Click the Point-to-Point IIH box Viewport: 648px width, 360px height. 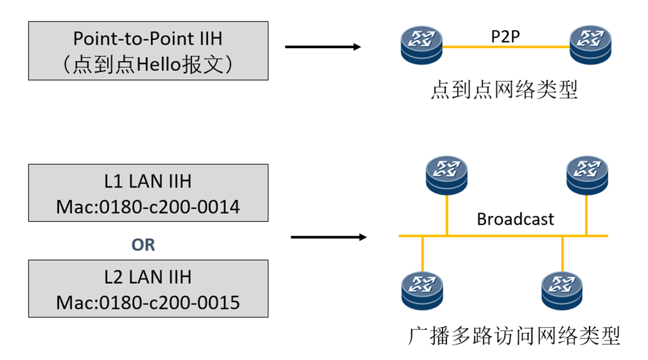pyautogui.click(x=148, y=51)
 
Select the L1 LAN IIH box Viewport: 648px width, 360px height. pyautogui.click(x=148, y=192)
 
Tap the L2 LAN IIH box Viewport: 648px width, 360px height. pyautogui.click(x=148, y=288)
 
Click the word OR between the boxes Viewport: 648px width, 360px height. pyautogui.click(x=143, y=245)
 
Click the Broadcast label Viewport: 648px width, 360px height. pyautogui.click(x=515, y=219)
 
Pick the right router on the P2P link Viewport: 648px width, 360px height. pyautogui.click(x=591, y=46)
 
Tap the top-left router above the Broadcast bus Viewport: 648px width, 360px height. pyautogui.click(x=447, y=174)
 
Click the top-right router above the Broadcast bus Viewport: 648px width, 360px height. pyautogui.click(x=587, y=174)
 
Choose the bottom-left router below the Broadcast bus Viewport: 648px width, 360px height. pyautogui.click(x=422, y=290)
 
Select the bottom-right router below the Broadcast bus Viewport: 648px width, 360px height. pyautogui.click(x=562, y=290)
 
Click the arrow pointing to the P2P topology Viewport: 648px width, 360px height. pyautogui.click(x=322, y=47)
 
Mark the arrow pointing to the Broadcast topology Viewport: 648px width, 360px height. pyautogui.click(x=328, y=236)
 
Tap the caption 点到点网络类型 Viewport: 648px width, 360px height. pyautogui.click(x=504, y=90)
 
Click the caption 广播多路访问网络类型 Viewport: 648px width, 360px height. pyautogui.click(x=514, y=336)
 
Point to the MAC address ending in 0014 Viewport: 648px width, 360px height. pyautogui.click(x=148, y=207)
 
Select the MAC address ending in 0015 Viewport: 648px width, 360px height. pyautogui.click(x=148, y=303)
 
